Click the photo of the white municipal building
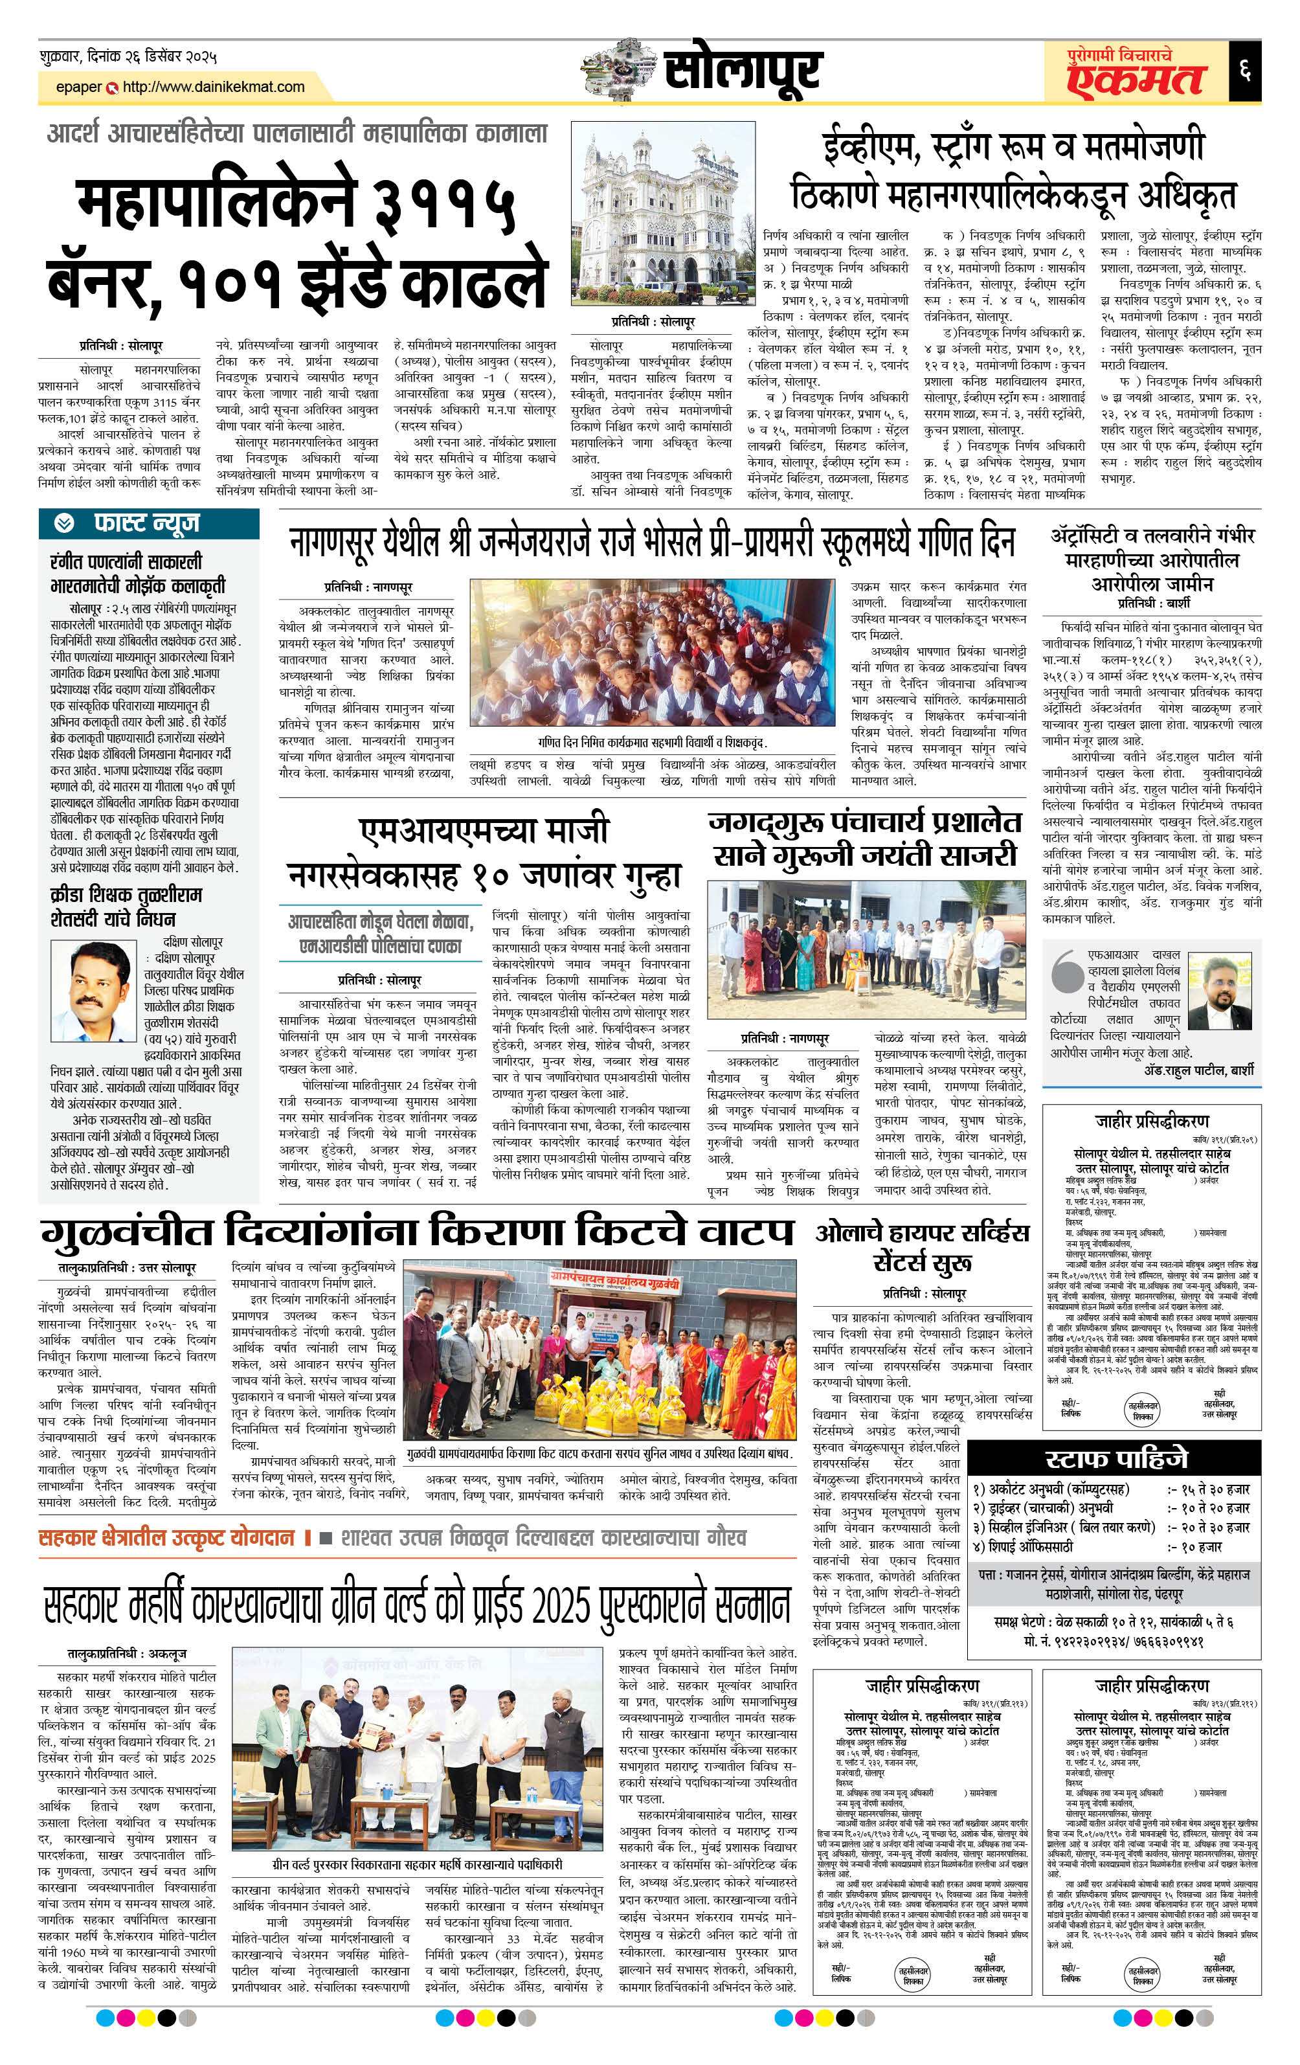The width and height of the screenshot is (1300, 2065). pyautogui.click(x=662, y=214)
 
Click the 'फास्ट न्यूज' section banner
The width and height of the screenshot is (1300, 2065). pyautogui.click(x=148, y=523)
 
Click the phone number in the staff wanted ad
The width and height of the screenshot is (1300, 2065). pyautogui.click(x=1115, y=1640)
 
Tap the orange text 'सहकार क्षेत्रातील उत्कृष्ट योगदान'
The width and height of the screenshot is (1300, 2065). pyautogui.click(x=166, y=1537)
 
